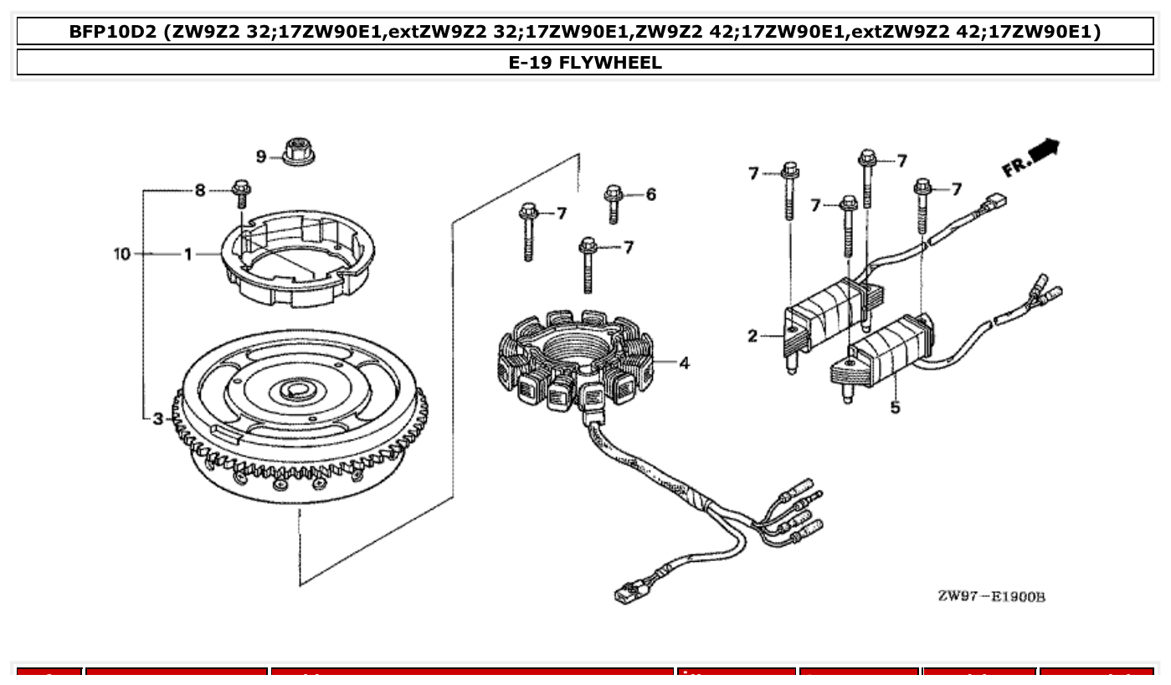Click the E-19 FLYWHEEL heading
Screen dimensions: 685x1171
pyautogui.click(x=585, y=63)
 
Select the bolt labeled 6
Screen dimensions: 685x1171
pyautogui.click(x=614, y=202)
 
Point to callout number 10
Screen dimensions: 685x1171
pyautogui.click(x=122, y=253)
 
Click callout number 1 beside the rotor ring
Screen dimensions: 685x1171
pyautogui.click(x=188, y=253)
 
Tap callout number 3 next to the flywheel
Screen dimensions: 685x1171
pyautogui.click(x=158, y=418)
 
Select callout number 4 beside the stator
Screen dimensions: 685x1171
pyautogui.click(x=684, y=363)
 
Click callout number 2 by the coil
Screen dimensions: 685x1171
pyautogui.click(x=752, y=337)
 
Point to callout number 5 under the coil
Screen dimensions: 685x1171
pyautogui.click(x=895, y=408)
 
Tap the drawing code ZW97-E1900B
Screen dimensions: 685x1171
pyautogui.click(x=991, y=596)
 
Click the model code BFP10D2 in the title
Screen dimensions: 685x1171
pyautogui.click(x=114, y=32)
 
